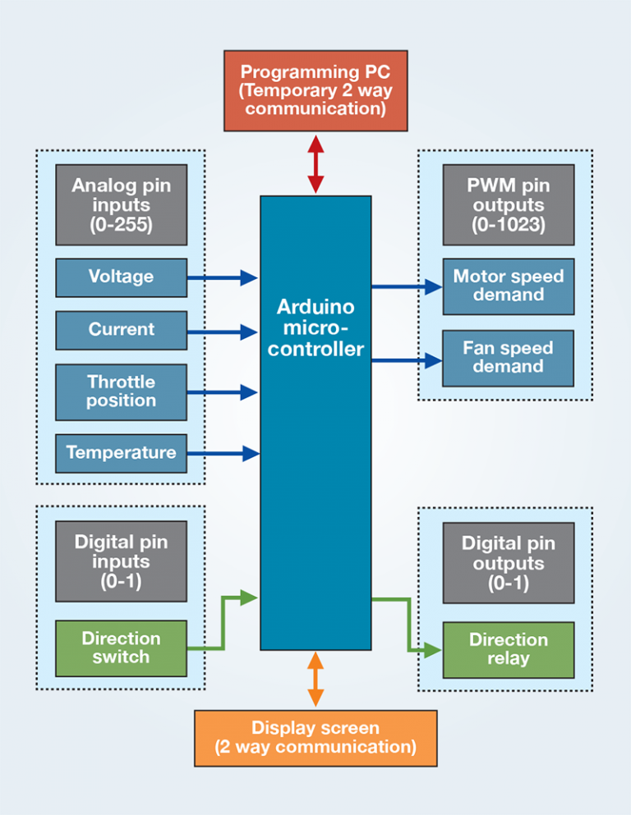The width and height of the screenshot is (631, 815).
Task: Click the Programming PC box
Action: click(x=315, y=90)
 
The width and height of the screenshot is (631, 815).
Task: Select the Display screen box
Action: click(x=315, y=737)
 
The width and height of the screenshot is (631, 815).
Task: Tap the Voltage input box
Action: click(x=121, y=277)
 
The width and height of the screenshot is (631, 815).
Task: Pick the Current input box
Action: click(x=121, y=330)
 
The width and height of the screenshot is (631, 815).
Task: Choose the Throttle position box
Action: click(x=121, y=391)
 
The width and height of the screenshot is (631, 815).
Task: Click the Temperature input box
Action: click(x=121, y=453)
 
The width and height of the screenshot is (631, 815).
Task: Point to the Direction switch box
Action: click(x=121, y=648)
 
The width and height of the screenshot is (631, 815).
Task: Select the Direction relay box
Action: click(x=508, y=650)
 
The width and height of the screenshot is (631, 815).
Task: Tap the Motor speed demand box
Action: click(x=508, y=286)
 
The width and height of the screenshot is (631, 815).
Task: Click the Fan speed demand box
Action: click(x=508, y=358)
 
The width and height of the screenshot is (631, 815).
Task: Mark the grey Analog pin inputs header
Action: click(x=121, y=204)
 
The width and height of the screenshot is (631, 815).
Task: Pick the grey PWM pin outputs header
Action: click(x=508, y=204)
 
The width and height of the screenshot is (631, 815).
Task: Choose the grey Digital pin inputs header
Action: click(x=121, y=561)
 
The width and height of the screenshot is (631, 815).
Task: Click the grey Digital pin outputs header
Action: click(x=508, y=563)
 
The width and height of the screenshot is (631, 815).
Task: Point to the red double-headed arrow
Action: click(x=315, y=164)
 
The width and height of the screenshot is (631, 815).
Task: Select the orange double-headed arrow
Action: click(x=315, y=680)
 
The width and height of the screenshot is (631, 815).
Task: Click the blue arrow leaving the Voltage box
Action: click(x=222, y=277)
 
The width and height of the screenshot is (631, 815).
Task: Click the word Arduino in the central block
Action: click(x=315, y=308)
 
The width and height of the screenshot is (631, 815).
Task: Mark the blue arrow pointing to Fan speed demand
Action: click(x=407, y=359)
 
